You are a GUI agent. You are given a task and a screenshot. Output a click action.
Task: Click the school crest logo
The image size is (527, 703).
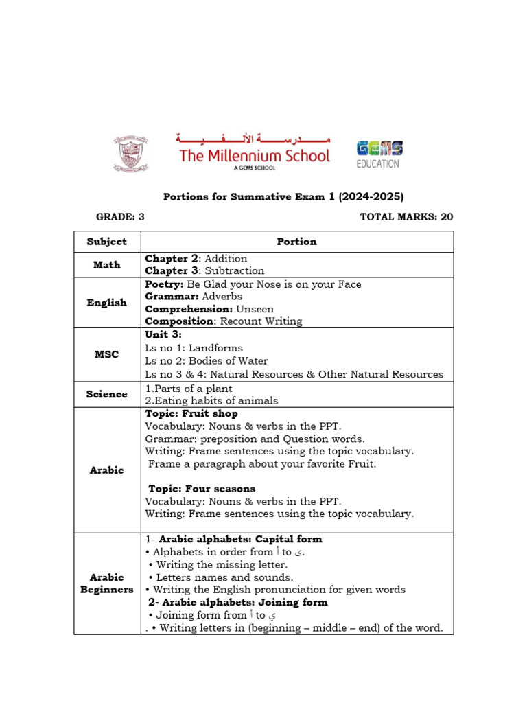(x=130, y=154)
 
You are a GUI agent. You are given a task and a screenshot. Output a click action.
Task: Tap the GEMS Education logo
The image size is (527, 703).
(x=379, y=154)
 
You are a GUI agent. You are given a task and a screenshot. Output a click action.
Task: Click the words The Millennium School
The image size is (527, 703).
(x=255, y=156)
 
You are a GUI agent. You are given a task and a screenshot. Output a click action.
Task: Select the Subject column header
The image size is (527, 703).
(x=107, y=242)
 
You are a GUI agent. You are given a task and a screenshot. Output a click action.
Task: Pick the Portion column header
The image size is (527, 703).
(x=296, y=242)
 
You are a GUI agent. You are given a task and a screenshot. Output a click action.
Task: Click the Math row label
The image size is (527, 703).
(x=107, y=264)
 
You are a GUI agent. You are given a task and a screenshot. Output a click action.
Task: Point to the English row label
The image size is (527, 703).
(x=107, y=302)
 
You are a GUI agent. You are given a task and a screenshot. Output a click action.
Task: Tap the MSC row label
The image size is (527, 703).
(x=107, y=354)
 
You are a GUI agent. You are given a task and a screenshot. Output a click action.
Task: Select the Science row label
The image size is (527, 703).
(x=107, y=394)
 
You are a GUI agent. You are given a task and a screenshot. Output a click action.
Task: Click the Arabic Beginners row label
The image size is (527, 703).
(x=107, y=584)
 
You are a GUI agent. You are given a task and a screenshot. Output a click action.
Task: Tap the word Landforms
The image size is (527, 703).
(x=215, y=348)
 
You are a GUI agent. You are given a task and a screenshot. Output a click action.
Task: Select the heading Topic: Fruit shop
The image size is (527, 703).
(x=191, y=414)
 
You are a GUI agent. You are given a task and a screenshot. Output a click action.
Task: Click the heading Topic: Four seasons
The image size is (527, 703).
(x=202, y=489)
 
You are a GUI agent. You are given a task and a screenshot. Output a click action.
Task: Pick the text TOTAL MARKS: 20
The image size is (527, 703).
(x=406, y=217)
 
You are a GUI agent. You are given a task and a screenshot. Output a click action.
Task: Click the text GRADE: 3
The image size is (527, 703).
(x=120, y=217)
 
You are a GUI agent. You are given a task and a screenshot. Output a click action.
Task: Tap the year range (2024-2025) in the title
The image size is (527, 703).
(x=370, y=197)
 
